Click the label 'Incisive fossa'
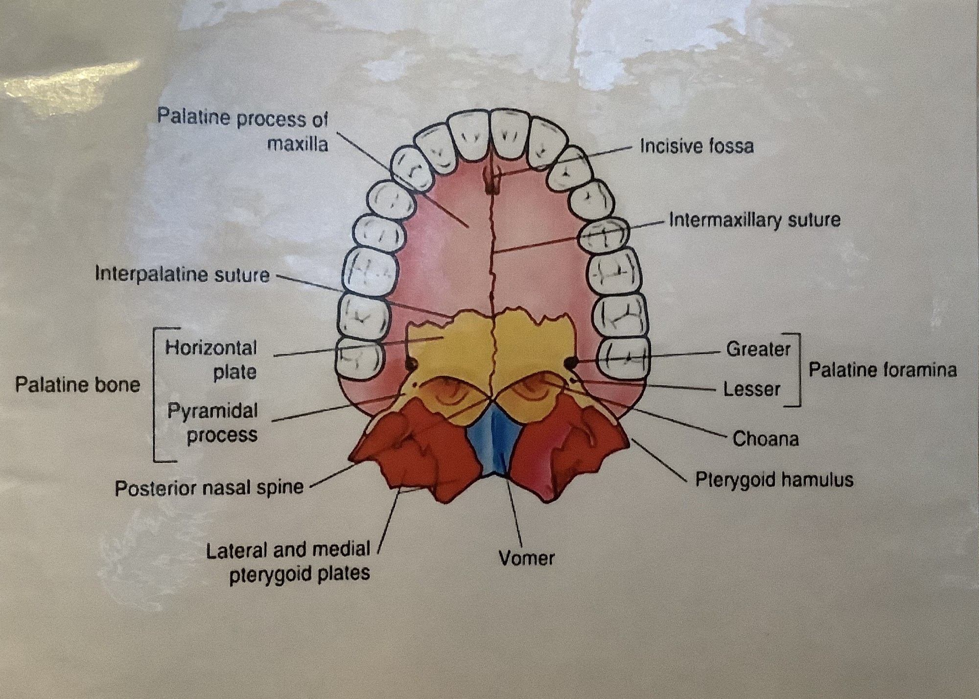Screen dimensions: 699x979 point(697,146)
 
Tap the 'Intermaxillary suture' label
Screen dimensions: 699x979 point(754,220)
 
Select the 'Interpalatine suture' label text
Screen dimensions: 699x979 point(182,275)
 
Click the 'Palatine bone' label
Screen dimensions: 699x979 point(77,385)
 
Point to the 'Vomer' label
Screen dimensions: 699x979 point(526,558)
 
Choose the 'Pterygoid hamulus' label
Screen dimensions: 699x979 point(774,480)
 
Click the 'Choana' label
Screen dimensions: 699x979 point(765,439)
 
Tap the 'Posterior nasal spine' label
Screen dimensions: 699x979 point(209,488)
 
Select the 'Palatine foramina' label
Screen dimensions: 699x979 point(882,370)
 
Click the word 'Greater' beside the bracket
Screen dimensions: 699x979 point(758,349)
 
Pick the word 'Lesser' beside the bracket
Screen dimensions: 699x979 point(752,390)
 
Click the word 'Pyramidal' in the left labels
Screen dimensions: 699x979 point(212,411)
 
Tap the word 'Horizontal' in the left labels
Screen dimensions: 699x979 point(211,348)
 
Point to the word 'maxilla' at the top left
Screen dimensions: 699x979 point(297,144)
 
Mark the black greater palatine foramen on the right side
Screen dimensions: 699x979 point(570,363)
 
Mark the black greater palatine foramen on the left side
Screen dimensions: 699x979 point(410,364)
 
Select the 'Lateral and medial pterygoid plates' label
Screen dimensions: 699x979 point(288,562)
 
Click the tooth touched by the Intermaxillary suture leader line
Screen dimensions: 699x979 point(603,234)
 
